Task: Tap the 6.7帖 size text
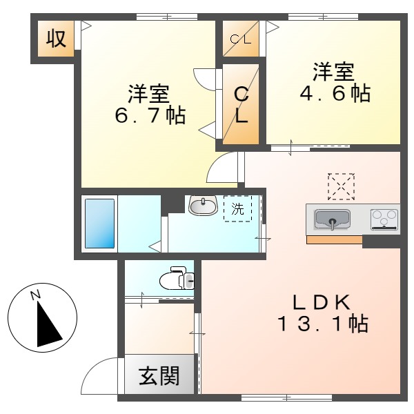[x=150, y=115]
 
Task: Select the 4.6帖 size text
[x=335, y=93]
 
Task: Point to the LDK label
[x=322, y=302]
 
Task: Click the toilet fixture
[x=175, y=279]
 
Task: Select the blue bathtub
[x=99, y=223]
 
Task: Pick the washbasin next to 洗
[x=201, y=205]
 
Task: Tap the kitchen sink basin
[x=333, y=219]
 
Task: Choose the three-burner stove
[x=384, y=219]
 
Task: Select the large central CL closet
[x=241, y=105]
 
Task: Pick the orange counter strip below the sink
[x=334, y=240]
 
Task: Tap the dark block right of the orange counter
[x=382, y=241]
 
